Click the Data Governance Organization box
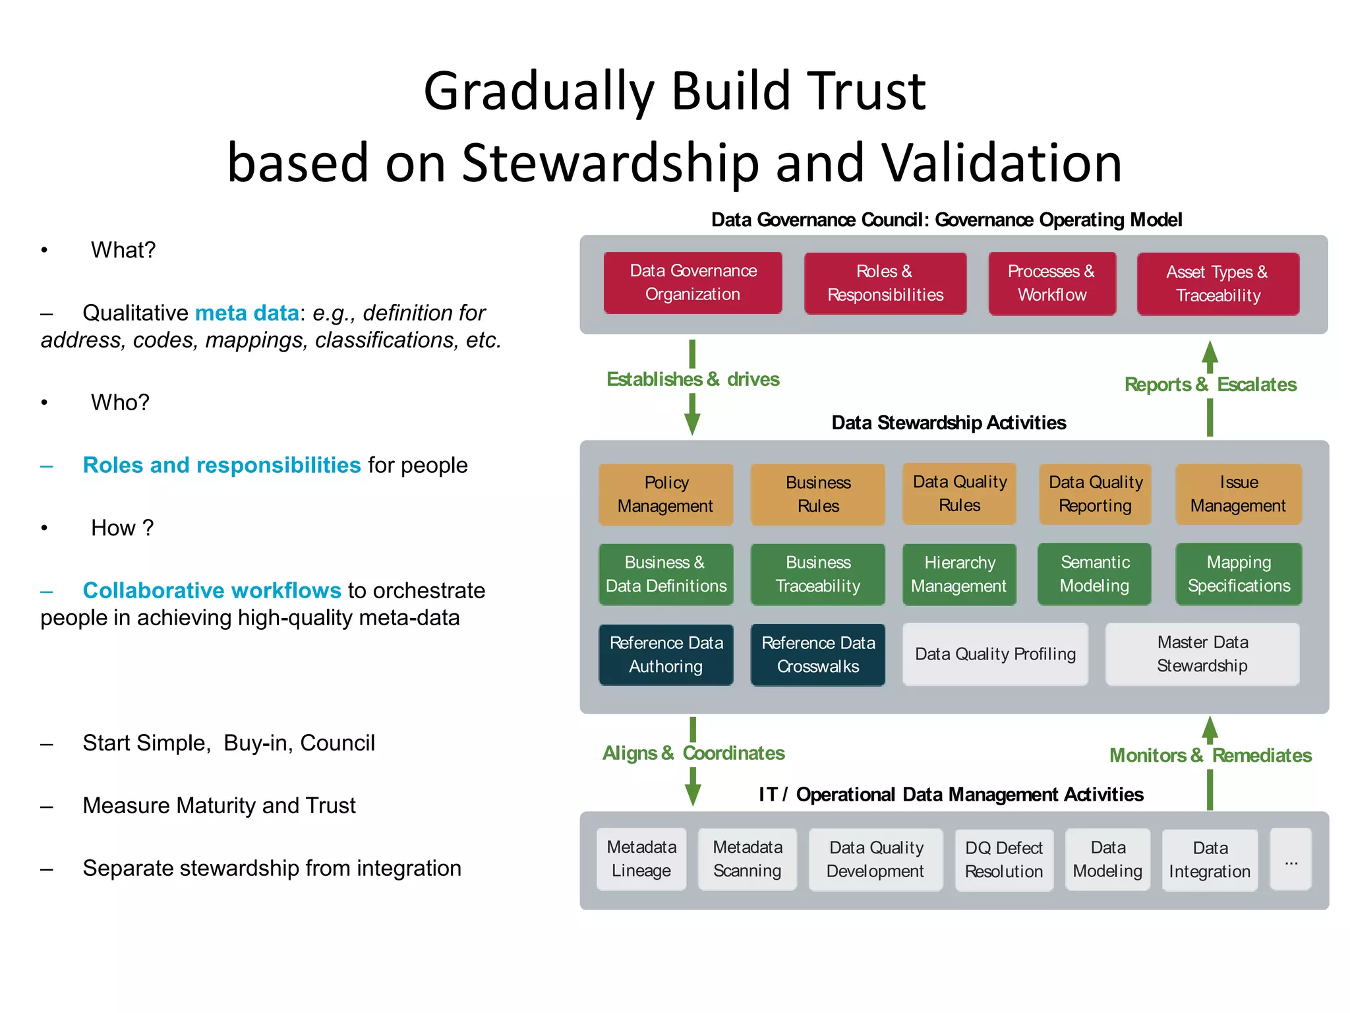(x=693, y=282)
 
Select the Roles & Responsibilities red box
(x=885, y=283)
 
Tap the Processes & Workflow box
(x=1051, y=283)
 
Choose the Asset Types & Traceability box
(x=1218, y=284)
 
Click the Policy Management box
(x=666, y=494)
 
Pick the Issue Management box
(x=1238, y=494)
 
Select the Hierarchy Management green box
(x=959, y=574)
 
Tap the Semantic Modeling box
(x=1094, y=574)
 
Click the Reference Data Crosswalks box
(x=817, y=654)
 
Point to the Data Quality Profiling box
(x=995, y=654)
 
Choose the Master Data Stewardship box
(x=1202, y=654)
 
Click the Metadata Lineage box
(x=641, y=859)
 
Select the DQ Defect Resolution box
(x=1003, y=859)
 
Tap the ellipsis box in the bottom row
(x=1291, y=859)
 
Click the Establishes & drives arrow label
(x=693, y=379)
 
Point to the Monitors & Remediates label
(x=1210, y=755)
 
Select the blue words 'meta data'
(x=247, y=313)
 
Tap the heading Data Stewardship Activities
(x=949, y=423)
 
